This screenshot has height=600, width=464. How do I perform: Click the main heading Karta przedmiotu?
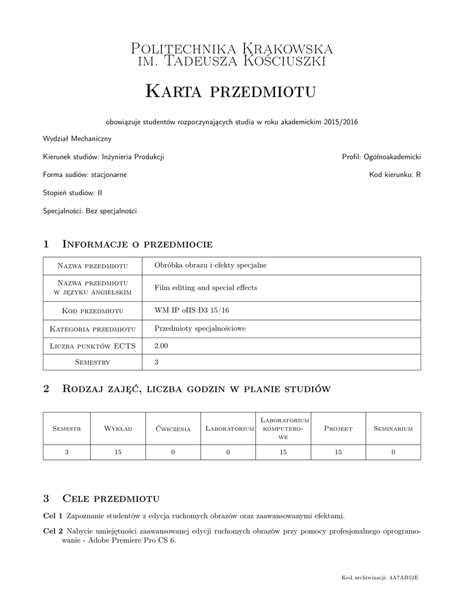(231, 91)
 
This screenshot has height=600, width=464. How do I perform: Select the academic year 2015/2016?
(340, 122)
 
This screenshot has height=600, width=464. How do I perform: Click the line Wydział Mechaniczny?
(77, 139)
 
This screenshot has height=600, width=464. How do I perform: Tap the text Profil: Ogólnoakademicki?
(381, 157)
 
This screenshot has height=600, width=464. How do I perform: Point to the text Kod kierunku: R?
(395, 175)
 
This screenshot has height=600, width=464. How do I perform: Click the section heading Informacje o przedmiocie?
(137, 244)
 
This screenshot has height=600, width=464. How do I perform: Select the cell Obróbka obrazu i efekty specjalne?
(210, 265)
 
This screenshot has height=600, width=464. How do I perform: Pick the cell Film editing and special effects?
(205, 288)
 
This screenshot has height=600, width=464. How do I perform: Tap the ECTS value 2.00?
(161, 346)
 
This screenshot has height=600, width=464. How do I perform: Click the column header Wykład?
(118, 428)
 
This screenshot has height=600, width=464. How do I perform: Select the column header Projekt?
(338, 428)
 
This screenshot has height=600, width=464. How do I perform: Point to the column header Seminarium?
(393, 428)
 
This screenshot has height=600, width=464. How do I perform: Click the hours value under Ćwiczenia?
(173, 452)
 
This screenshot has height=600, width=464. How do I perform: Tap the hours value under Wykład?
(118, 452)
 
